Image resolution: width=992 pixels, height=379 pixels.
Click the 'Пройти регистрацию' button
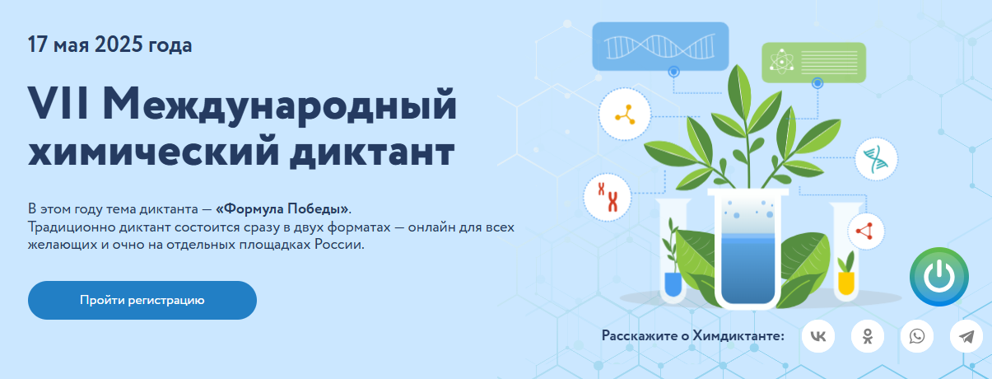point(142,300)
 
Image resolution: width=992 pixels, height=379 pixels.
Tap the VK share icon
point(818,336)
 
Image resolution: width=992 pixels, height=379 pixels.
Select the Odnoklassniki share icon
point(868,336)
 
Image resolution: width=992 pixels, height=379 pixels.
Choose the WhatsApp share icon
point(917,336)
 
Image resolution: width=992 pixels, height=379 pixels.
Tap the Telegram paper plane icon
point(966,336)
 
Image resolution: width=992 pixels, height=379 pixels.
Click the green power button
point(939,277)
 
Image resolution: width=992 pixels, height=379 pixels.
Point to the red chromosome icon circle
point(608,198)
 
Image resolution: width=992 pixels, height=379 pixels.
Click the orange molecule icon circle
point(625,114)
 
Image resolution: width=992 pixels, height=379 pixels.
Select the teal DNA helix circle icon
point(877,159)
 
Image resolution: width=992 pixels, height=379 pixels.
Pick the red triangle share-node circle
point(866,232)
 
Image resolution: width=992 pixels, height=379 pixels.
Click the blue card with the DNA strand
point(660,46)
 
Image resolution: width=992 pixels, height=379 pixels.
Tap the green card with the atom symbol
point(813,63)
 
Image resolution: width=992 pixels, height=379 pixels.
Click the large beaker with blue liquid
point(748,248)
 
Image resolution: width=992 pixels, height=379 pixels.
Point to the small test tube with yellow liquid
point(846,252)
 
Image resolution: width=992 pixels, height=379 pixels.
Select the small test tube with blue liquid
point(673,252)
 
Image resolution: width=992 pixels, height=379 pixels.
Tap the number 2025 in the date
point(119,44)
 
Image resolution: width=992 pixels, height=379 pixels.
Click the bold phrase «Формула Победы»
point(282,208)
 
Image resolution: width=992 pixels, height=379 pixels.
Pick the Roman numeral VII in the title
point(58,103)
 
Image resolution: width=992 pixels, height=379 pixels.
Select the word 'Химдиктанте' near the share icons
point(738,335)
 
